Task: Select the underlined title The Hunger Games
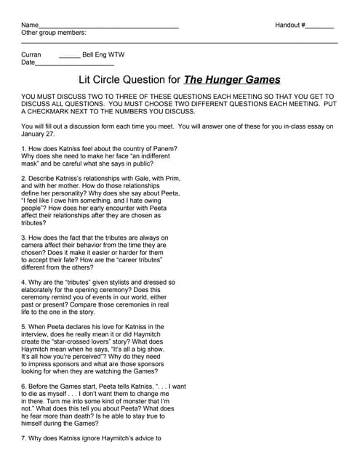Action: [232, 80]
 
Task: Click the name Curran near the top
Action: [32, 54]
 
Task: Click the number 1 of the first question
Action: [24, 148]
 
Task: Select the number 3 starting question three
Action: [24, 238]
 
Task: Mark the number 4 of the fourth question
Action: [24, 282]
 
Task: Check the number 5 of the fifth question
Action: [24, 327]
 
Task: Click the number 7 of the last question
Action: [24, 438]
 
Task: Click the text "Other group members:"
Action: [54, 33]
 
